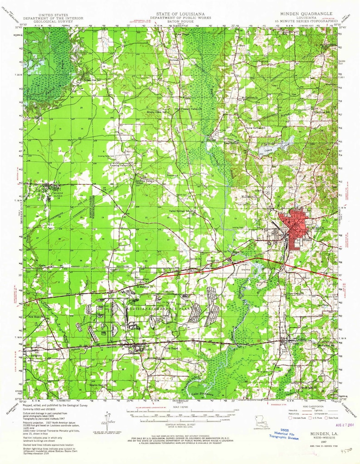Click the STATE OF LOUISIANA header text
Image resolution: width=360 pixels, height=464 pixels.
180,14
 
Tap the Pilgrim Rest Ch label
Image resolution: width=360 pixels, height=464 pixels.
99,385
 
